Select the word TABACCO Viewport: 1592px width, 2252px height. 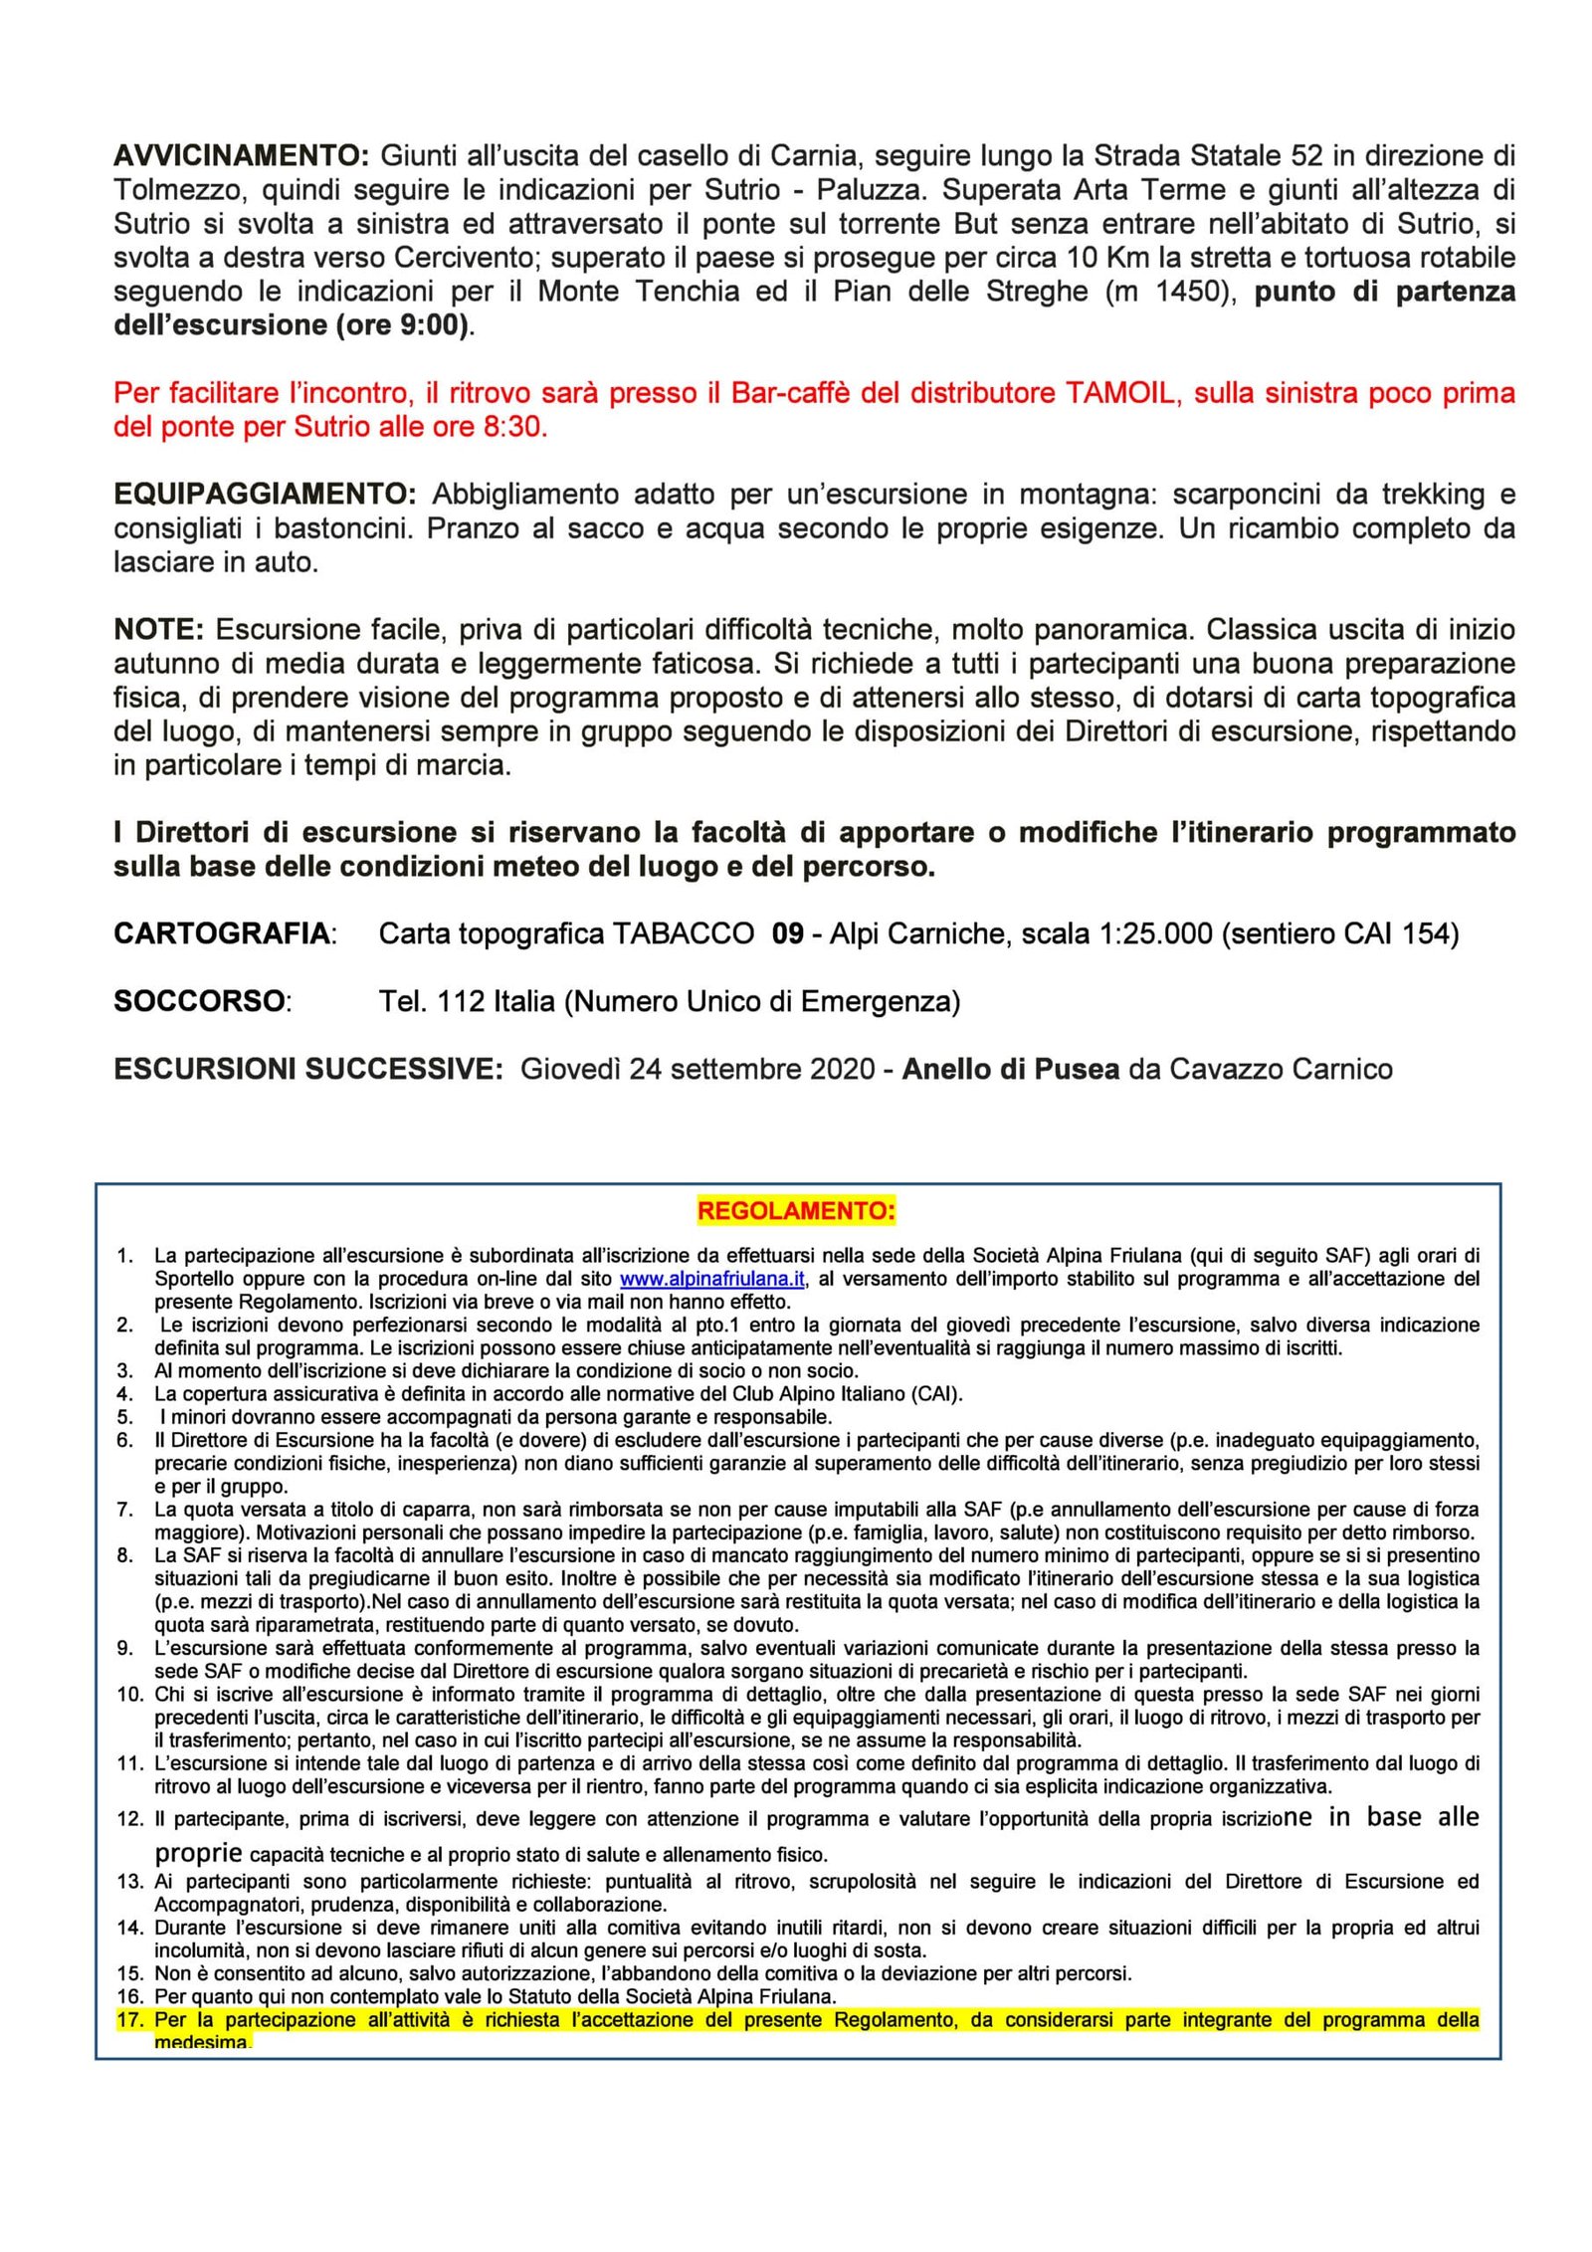click(683, 933)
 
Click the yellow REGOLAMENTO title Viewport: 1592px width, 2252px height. click(796, 1211)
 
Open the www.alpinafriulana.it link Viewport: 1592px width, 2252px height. click(712, 1279)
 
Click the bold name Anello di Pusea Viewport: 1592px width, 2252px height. click(1016, 1069)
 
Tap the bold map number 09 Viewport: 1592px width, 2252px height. click(787, 933)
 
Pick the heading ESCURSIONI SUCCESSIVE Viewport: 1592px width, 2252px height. click(308, 1069)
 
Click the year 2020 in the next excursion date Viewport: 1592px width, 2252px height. click(844, 1069)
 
